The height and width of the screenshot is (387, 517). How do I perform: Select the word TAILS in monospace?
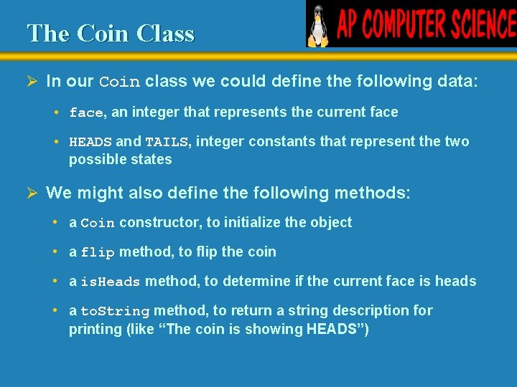(167, 142)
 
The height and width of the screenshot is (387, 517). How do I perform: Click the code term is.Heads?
(111, 282)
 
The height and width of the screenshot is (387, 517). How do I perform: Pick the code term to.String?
(115, 311)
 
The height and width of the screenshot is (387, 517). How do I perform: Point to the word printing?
(95, 330)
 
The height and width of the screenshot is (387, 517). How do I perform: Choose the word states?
(151, 159)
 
